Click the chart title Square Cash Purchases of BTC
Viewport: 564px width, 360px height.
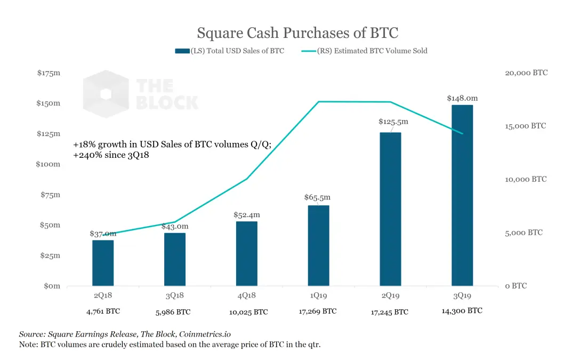point(297,33)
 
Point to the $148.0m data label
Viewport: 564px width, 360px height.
point(462,98)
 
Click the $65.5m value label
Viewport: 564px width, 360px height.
point(318,197)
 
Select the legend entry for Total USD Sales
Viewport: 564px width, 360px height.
point(229,51)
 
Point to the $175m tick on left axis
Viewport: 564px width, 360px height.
point(49,73)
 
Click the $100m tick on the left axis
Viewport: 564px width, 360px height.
point(49,164)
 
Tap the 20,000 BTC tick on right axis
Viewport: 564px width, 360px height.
point(526,73)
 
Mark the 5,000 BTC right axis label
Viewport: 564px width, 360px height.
point(523,233)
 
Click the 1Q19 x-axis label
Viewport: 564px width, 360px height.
point(318,294)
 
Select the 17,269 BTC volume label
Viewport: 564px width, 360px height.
point(318,311)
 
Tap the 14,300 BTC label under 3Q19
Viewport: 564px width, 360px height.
point(462,310)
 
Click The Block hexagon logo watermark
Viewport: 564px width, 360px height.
point(106,94)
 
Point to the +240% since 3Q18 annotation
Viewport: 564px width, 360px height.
point(110,155)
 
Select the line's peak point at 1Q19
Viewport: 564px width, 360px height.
point(318,101)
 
